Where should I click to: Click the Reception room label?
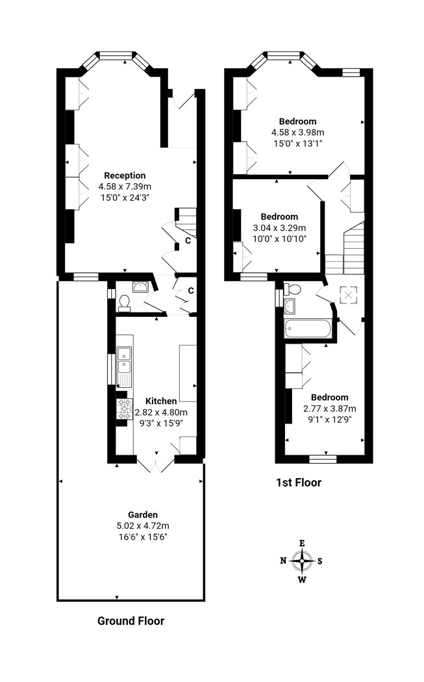pyautogui.click(x=125, y=176)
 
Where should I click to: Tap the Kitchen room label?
pyautogui.click(x=161, y=401)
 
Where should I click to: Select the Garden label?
pyautogui.click(x=143, y=515)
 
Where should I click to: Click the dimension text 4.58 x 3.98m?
pyautogui.click(x=298, y=133)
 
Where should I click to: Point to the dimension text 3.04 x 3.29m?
pyautogui.click(x=279, y=227)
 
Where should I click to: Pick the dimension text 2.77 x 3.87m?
pyautogui.click(x=330, y=409)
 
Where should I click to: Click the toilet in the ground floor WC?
pyautogui.click(x=125, y=303)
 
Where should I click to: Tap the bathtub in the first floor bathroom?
pyautogui.click(x=308, y=329)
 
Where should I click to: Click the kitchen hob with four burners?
pyautogui.click(x=125, y=409)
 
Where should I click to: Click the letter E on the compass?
pyautogui.click(x=302, y=543)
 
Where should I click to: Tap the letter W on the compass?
pyautogui.click(x=302, y=579)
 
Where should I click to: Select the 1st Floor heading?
pyautogui.click(x=299, y=483)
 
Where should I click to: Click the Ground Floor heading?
pyautogui.click(x=131, y=621)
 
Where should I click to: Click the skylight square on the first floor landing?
pyautogui.click(x=348, y=295)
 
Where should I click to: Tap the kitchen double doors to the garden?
pyautogui.click(x=156, y=464)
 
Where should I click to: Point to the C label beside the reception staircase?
pyautogui.click(x=188, y=240)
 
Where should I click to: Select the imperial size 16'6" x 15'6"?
pyautogui.click(x=143, y=537)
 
